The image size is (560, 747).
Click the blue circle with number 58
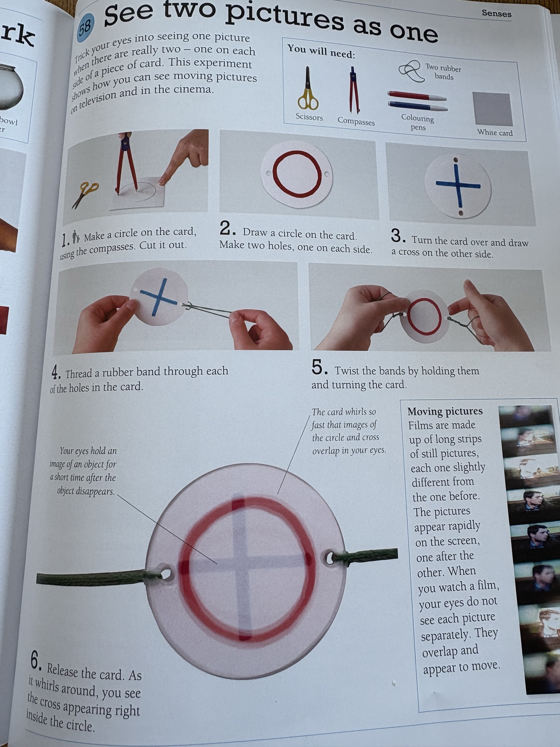point(85,26)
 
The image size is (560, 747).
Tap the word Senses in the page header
point(496,13)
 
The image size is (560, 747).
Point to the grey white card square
point(492,109)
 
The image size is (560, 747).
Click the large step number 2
point(227,228)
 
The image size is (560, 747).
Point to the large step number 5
point(320,367)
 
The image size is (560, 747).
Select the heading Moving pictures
point(445,411)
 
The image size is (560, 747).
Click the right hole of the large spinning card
point(330,558)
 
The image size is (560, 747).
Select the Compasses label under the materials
point(356,121)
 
